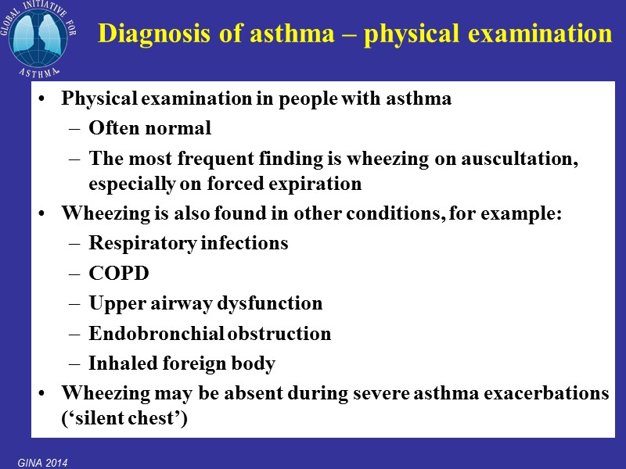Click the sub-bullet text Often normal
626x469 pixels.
click(149, 128)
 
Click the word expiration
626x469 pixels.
click(322, 184)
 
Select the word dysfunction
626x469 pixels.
click(277, 303)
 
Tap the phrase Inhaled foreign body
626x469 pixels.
click(182, 363)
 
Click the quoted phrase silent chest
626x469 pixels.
click(124, 419)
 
